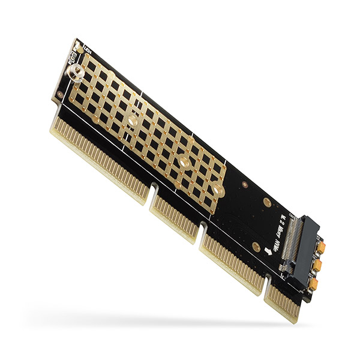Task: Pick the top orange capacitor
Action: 321,247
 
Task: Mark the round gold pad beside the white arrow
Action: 256,246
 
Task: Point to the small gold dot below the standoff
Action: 61,96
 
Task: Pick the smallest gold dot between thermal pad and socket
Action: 245,185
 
